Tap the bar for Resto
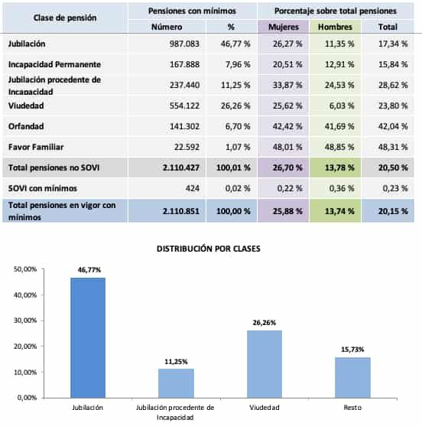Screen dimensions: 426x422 352,377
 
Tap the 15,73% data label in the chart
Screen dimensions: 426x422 352,350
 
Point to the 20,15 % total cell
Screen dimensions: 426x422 395,210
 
